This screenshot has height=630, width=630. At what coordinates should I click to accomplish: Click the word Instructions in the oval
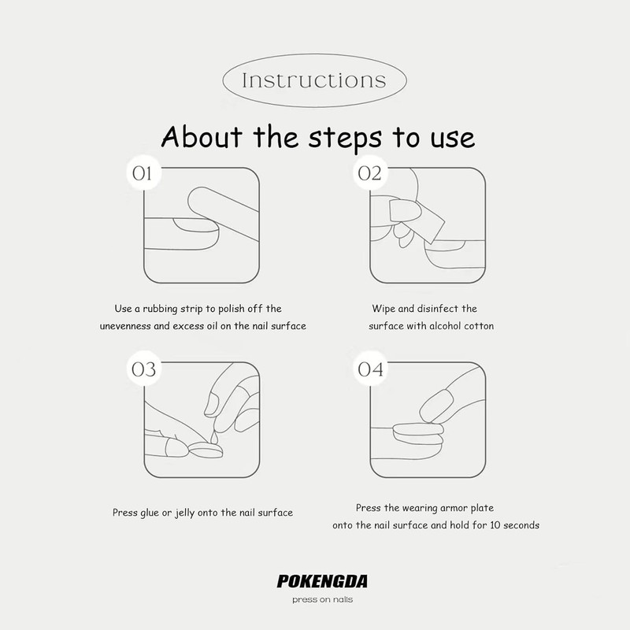pyautogui.click(x=315, y=80)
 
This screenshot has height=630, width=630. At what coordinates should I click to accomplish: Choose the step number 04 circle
pyautogui.click(x=369, y=369)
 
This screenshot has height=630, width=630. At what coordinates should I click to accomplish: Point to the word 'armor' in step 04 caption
pyautogui.click(x=445, y=508)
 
